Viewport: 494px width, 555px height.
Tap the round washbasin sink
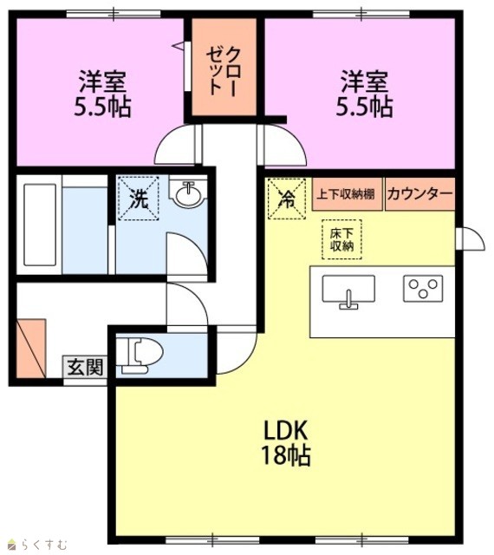tap(190, 193)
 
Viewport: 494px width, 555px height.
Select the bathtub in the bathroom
tap(40, 225)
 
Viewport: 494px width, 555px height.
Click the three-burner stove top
tap(423, 288)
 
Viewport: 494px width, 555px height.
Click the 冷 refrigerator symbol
tap(287, 199)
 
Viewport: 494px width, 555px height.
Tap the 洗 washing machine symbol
tap(139, 199)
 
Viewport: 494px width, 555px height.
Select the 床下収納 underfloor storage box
tap(341, 239)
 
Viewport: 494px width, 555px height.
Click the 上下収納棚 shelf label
tap(346, 194)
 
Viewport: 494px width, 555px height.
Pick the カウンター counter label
tap(419, 194)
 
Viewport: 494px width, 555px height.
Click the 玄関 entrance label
tap(85, 367)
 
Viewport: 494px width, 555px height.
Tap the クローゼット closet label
tap(224, 72)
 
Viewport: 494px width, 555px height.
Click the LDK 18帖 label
tap(286, 442)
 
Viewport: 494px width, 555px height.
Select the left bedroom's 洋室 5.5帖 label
tap(102, 94)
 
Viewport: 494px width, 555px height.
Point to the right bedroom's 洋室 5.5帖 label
tap(365, 94)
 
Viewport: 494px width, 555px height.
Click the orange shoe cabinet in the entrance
tap(31, 349)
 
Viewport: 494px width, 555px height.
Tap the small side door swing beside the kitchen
tap(471, 239)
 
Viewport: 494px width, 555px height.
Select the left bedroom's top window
tap(114, 14)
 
